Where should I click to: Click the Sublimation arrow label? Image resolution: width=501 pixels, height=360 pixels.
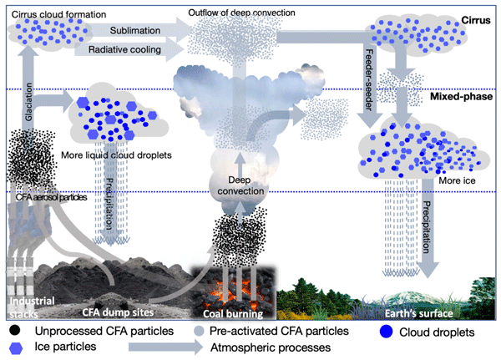(135, 30)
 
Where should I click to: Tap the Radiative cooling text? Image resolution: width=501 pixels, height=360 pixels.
(124, 49)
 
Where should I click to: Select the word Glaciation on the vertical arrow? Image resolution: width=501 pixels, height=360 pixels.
(28, 102)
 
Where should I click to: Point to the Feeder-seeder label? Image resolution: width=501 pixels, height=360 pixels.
(369, 79)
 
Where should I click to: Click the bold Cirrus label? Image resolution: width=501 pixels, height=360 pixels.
(476, 20)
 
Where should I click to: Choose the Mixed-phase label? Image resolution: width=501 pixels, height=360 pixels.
(461, 96)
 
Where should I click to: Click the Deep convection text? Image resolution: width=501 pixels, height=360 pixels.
(240, 185)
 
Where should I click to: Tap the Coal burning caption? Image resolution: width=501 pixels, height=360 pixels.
(233, 313)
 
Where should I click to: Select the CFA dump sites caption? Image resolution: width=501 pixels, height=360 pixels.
(118, 312)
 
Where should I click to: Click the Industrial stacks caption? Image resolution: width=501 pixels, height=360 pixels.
(32, 307)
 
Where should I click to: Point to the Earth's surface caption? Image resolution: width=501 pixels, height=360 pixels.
(418, 313)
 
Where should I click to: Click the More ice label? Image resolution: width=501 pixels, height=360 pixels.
(457, 180)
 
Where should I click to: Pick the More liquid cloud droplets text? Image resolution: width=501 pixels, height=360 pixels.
(116, 155)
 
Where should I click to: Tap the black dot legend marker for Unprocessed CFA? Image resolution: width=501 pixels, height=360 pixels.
(15, 330)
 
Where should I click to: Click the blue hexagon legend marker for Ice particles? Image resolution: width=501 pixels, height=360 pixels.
(16, 348)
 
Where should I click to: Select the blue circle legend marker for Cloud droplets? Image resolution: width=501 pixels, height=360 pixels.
(386, 332)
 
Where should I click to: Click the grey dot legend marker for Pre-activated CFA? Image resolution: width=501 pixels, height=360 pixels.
(199, 331)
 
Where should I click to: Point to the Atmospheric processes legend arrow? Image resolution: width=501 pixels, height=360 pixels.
(165, 347)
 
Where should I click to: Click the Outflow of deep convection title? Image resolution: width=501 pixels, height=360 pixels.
(241, 13)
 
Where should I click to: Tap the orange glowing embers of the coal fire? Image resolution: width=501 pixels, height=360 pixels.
(234, 286)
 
